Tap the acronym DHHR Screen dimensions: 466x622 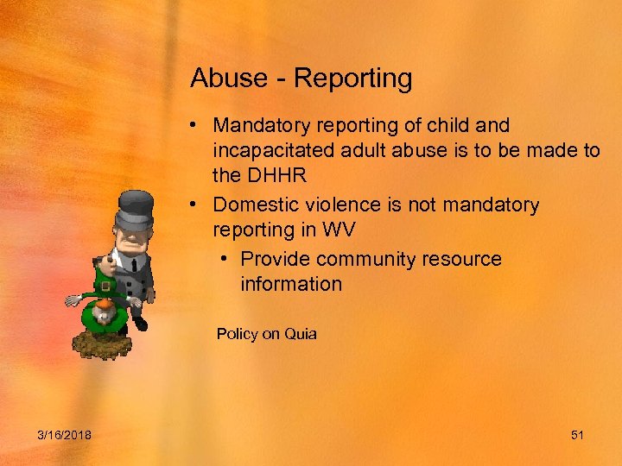point(275,176)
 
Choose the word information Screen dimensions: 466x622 point(291,284)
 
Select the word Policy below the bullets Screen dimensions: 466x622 point(237,334)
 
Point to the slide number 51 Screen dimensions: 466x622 point(577,435)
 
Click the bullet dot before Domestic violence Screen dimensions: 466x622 point(197,205)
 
